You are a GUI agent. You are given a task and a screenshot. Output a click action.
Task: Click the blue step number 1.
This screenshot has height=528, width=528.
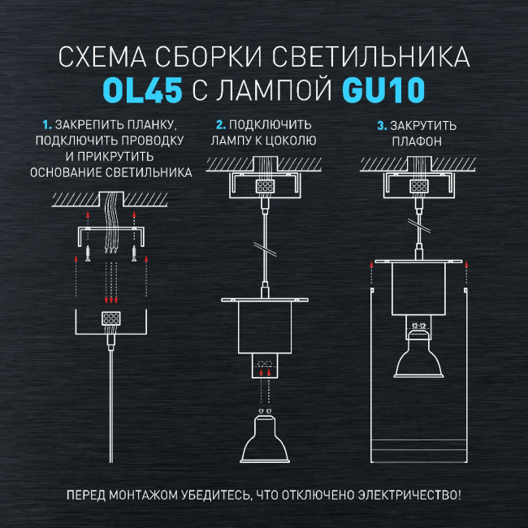click(46, 125)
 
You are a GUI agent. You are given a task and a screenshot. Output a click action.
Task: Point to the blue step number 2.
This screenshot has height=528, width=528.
click(220, 125)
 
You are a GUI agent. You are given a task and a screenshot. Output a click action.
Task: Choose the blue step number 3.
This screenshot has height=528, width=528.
click(381, 125)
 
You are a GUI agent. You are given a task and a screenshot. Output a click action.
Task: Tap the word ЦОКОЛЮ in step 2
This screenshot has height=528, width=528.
click(291, 141)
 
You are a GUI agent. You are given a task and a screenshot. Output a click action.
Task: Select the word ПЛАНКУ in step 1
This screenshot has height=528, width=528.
click(153, 125)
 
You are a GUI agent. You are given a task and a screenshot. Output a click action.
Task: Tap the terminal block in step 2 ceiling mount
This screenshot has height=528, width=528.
click(264, 186)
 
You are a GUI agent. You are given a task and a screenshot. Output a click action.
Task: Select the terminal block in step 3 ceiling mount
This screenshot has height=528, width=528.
click(418, 186)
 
